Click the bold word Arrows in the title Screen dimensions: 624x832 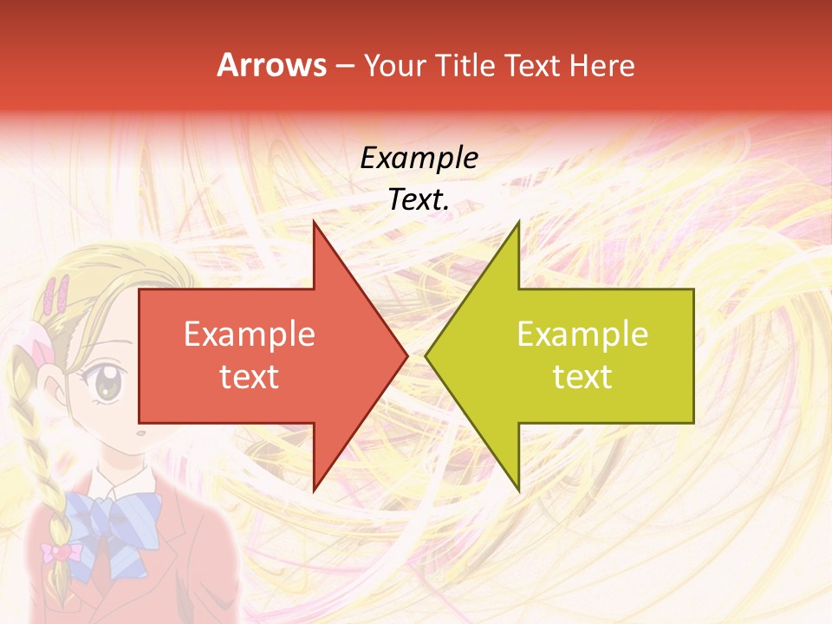(x=271, y=65)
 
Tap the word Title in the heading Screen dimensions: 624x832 (x=465, y=65)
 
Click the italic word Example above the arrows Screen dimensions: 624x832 (x=419, y=159)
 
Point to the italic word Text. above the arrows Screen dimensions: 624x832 (x=419, y=199)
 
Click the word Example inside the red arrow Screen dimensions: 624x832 (x=250, y=334)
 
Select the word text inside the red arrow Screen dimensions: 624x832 (x=250, y=376)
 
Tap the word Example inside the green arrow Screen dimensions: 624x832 (x=582, y=334)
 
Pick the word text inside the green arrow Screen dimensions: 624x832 (x=582, y=376)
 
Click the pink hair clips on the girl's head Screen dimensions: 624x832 (x=59, y=295)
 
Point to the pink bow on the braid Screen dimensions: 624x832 (x=61, y=552)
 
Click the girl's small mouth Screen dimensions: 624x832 (x=139, y=431)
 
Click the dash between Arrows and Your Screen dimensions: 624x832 (x=344, y=65)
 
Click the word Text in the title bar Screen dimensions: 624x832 (x=533, y=65)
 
